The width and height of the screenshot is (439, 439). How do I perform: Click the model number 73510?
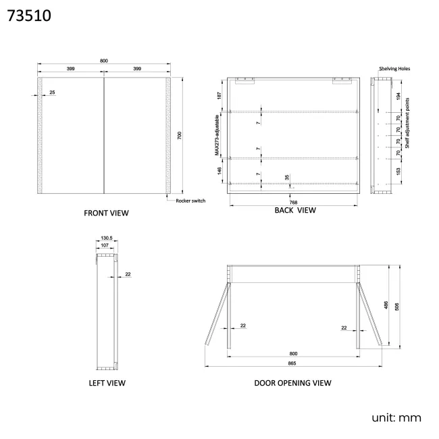(29, 16)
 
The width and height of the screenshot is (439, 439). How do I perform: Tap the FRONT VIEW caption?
(106, 213)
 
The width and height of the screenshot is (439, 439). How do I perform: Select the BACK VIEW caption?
(295, 210)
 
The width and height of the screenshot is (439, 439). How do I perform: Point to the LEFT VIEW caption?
(107, 383)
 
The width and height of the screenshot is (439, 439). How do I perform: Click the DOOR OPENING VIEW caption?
(292, 383)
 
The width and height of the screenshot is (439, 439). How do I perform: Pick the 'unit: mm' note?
(396, 418)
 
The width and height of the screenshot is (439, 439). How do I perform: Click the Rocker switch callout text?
(190, 201)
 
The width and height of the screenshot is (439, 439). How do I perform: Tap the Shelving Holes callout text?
(394, 69)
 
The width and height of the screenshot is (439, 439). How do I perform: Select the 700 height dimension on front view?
(180, 136)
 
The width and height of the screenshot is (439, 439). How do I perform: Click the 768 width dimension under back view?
(293, 203)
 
